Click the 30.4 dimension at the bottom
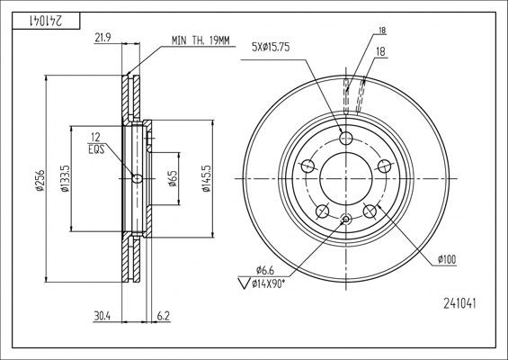coord(102,314)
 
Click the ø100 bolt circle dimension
coord(447,259)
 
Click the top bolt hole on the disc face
coord(346,137)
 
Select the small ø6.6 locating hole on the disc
coord(346,219)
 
